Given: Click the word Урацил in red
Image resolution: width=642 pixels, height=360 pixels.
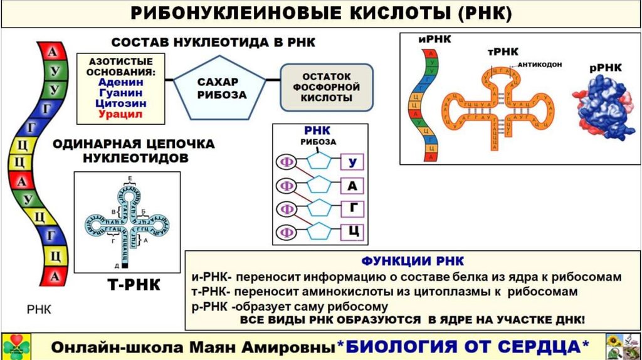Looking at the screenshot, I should [120, 115].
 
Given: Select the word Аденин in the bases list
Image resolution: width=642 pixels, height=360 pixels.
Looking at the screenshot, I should [120, 82].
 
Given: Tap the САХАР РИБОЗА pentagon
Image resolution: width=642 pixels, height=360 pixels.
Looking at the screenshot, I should [218, 88].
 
